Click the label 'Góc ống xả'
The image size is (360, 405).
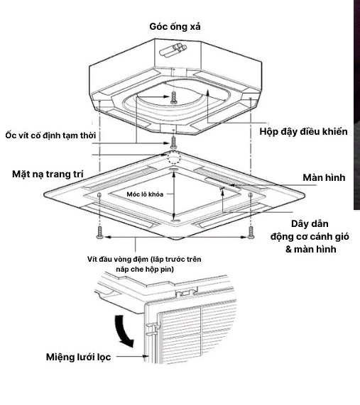click(x=175, y=26)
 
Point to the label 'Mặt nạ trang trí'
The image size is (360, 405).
click(x=46, y=174)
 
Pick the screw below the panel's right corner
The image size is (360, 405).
click(x=251, y=234)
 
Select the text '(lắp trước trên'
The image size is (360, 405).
click(x=175, y=260)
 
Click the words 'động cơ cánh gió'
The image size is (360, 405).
click(x=310, y=236)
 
